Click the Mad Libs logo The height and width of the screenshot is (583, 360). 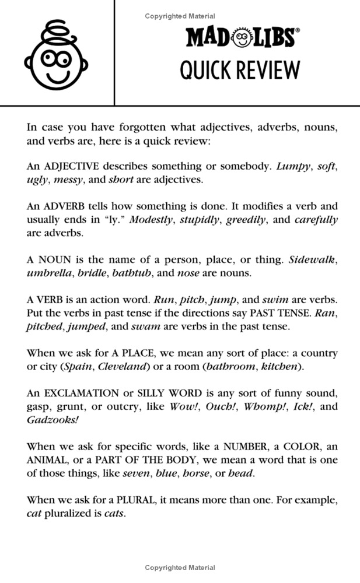point(240,38)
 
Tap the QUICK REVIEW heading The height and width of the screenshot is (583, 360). point(240,70)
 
